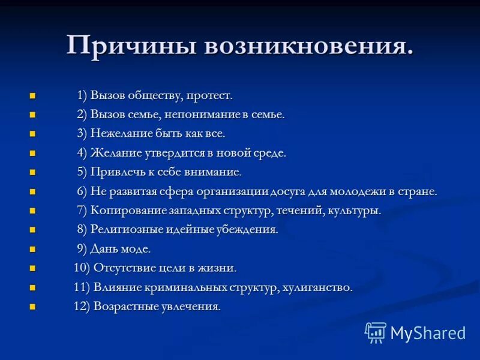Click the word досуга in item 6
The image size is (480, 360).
coord(289,192)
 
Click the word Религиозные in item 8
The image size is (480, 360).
coord(127,230)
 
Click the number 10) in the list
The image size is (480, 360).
coord(82,268)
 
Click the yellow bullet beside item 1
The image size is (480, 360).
coord(32,96)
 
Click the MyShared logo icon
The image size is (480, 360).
coord(376,332)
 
